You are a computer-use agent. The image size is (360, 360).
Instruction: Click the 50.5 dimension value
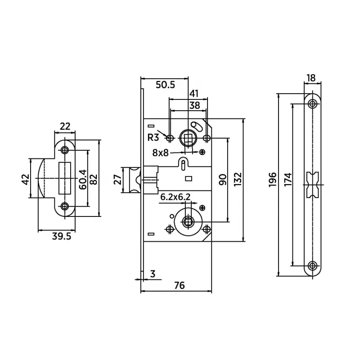[x=165, y=85]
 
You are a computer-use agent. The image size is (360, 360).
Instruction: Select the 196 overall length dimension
[x=273, y=179]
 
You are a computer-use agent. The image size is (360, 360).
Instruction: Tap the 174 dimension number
[x=288, y=179]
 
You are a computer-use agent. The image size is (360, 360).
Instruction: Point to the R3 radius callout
[x=153, y=138]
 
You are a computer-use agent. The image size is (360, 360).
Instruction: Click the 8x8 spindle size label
[x=161, y=153]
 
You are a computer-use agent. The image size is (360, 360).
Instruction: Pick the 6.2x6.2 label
[x=175, y=197]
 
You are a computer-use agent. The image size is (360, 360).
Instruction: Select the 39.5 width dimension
[x=62, y=236]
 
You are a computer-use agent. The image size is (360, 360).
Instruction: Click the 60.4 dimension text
[x=83, y=180]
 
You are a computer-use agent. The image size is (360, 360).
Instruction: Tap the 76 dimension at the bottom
[x=179, y=285]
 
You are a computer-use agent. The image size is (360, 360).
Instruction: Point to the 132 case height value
[x=238, y=179]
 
